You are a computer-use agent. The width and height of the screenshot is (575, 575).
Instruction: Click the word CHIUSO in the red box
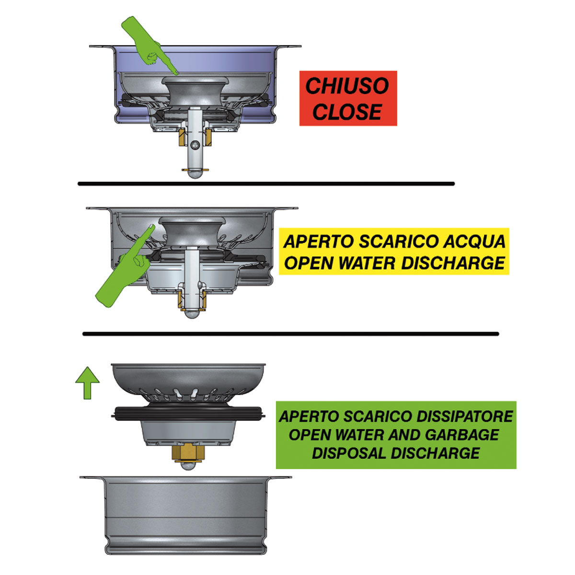tap(347, 86)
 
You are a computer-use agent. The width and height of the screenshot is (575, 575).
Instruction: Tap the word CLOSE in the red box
tap(347, 112)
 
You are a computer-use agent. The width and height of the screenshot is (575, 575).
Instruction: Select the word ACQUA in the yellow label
tap(474, 241)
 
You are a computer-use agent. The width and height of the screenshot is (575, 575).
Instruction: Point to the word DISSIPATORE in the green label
tap(464, 416)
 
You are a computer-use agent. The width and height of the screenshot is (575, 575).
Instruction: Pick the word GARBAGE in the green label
tap(461, 435)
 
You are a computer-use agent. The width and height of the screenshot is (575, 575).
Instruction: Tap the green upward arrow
tap(87, 383)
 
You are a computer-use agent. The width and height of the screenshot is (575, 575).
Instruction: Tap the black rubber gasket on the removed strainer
tap(188, 414)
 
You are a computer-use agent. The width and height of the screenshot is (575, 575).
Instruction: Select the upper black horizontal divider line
tap(266, 184)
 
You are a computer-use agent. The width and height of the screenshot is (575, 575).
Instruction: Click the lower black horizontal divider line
tap(291, 334)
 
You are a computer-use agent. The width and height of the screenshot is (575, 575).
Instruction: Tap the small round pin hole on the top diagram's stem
tap(195, 145)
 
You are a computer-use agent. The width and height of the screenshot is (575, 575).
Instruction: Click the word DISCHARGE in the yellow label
tap(453, 263)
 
